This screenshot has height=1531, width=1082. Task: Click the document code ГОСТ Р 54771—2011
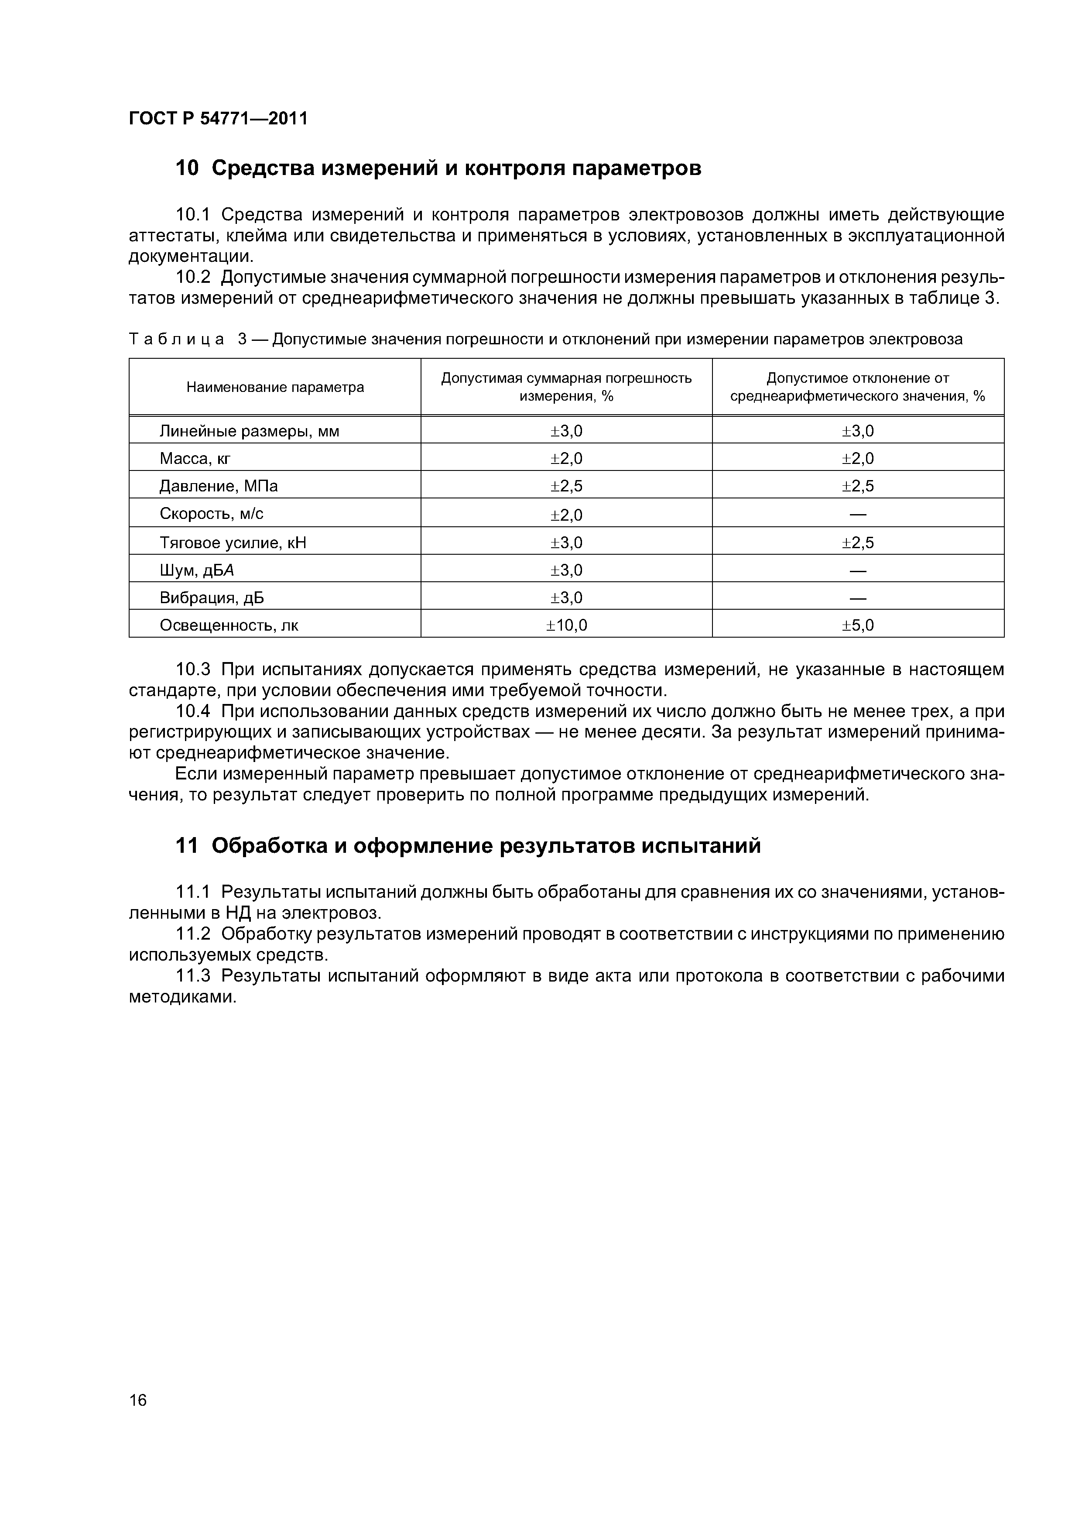click(218, 119)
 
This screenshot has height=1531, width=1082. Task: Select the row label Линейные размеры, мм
click(249, 432)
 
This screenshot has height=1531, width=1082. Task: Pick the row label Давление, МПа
click(218, 486)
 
